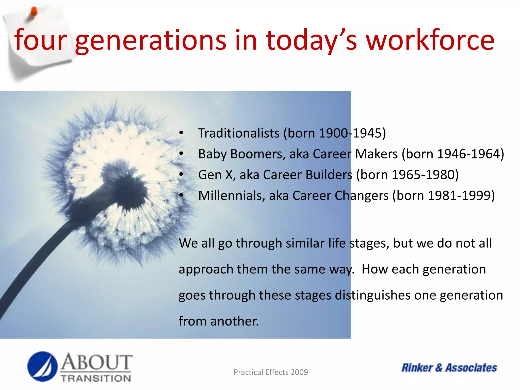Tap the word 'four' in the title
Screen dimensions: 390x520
41,40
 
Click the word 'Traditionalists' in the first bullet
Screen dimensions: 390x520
239,133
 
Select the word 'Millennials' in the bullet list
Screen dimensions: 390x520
232,196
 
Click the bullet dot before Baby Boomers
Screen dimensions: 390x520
181,154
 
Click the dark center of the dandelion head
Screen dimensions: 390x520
124,185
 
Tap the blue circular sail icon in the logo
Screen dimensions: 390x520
42,366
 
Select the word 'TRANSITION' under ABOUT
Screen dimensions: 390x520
96,378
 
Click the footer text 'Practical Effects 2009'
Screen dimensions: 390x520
271,372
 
